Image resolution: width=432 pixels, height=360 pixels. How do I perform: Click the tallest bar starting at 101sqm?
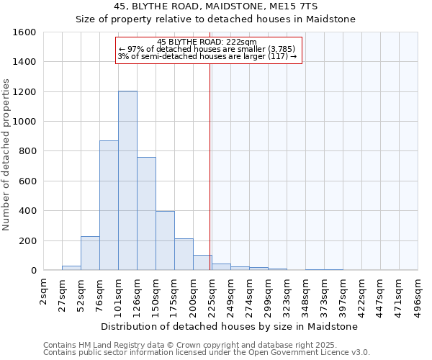(127, 181)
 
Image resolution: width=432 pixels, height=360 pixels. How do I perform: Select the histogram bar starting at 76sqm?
(109, 205)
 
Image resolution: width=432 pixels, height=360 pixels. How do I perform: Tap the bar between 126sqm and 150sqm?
(146, 214)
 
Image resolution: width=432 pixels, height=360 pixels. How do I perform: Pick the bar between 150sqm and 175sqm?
(165, 240)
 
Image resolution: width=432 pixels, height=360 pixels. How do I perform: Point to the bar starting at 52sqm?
(90, 253)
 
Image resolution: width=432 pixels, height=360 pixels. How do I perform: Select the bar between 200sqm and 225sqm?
(202, 263)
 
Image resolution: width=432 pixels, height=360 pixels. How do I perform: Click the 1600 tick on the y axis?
(25, 32)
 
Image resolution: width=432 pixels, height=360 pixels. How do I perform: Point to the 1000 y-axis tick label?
(25, 122)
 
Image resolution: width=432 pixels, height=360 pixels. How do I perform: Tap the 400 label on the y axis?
(28, 211)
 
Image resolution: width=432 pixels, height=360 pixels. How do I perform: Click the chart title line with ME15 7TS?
(216, 6)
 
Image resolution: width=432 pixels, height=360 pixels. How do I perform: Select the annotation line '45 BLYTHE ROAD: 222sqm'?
(207, 42)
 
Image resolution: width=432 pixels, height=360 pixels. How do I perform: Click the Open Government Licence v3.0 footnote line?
(207, 353)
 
